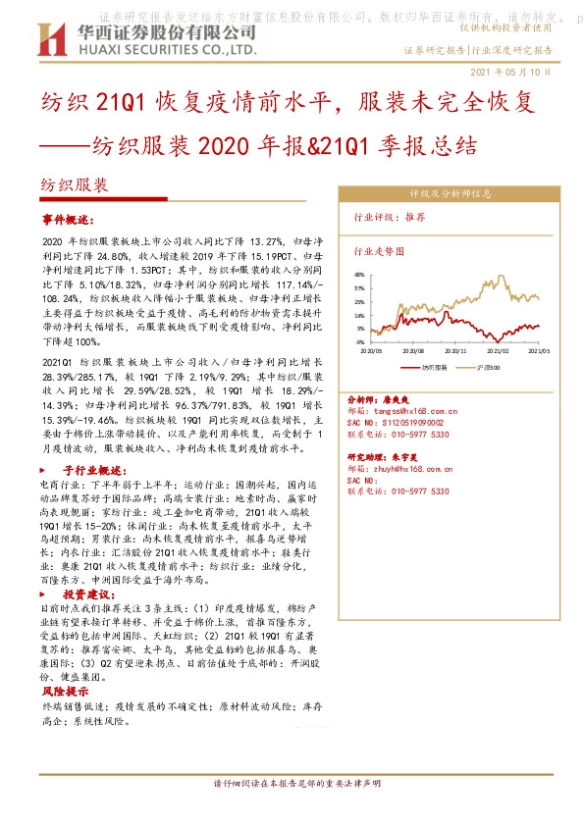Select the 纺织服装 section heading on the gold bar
[75, 184]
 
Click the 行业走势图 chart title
[379, 251]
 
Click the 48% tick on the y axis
[359, 276]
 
